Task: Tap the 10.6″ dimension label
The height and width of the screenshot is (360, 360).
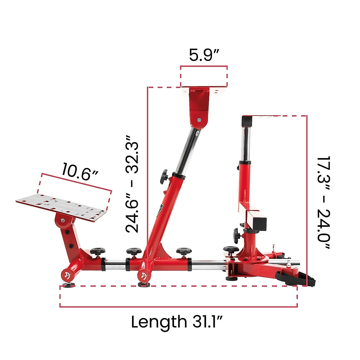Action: [80, 172]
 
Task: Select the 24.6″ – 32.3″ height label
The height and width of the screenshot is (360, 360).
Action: [132, 184]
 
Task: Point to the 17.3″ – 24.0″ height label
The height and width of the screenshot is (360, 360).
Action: [323, 202]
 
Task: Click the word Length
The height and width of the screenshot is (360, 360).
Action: [159, 322]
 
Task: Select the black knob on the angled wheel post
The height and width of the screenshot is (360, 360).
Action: [164, 177]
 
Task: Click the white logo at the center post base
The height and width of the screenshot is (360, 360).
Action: [143, 276]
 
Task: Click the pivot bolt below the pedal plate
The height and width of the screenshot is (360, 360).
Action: [63, 220]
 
